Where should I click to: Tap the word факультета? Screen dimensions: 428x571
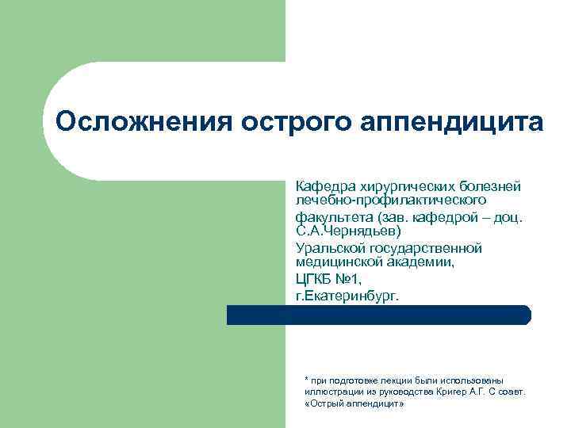coord(334,216)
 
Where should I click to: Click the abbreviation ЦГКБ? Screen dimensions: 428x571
coord(314,279)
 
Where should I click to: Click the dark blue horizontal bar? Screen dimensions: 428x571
coord(378,315)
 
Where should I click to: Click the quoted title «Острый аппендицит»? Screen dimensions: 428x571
coord(354,403)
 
